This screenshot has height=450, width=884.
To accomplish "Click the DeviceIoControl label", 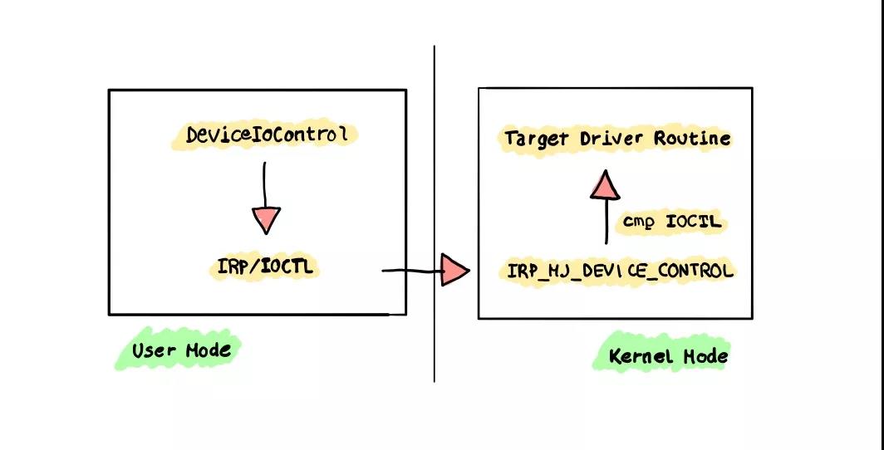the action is click(265, 135).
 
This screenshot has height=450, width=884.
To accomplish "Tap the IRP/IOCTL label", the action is click(264, 267).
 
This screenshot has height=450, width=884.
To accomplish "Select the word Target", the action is click(535, 139).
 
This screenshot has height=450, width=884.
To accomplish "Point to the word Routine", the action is click(692, 138).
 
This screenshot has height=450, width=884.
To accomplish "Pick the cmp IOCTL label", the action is click(672, 222).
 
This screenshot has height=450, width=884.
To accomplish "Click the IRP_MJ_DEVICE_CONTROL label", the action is click(620, 271).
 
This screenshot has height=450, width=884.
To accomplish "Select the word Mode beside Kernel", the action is click(705, 356).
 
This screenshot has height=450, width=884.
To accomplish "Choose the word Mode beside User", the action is click(209, 350).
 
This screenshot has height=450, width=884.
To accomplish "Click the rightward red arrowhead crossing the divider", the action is click(454, 270).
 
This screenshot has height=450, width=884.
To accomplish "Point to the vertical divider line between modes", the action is click(434, 214).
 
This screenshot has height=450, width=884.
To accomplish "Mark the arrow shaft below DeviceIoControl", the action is click(264, 185).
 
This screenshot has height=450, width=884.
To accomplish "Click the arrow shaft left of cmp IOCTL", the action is click(607, 222).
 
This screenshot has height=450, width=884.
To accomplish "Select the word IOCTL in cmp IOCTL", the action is click(694, 222).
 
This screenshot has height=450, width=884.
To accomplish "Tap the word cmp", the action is click(639, 223).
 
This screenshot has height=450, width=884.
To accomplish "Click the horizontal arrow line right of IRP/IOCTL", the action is click(412, 271).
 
